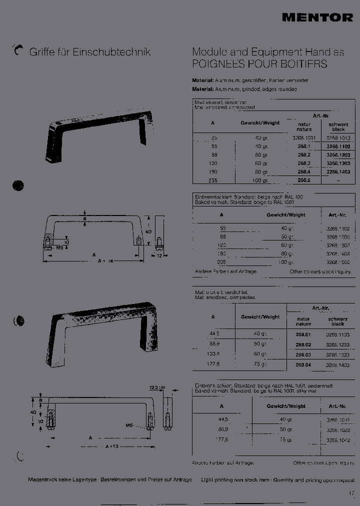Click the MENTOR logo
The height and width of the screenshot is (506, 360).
click(317, 17)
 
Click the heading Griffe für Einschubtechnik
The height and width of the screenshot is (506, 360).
click(90, 52)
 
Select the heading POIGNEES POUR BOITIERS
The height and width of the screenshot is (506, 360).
click(259, 64)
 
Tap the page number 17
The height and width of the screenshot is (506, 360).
click(351, 493)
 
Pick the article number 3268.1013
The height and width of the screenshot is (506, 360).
click(338, 137)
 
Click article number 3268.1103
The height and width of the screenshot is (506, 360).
click(338, 146)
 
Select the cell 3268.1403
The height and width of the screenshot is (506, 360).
click(338, 171)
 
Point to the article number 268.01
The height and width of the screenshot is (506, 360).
click(303, 333)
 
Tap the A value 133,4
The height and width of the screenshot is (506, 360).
click(213, 355)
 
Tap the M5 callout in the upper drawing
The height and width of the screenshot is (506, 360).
click(59, 247)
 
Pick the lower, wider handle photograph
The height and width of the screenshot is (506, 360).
click(105, 334)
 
